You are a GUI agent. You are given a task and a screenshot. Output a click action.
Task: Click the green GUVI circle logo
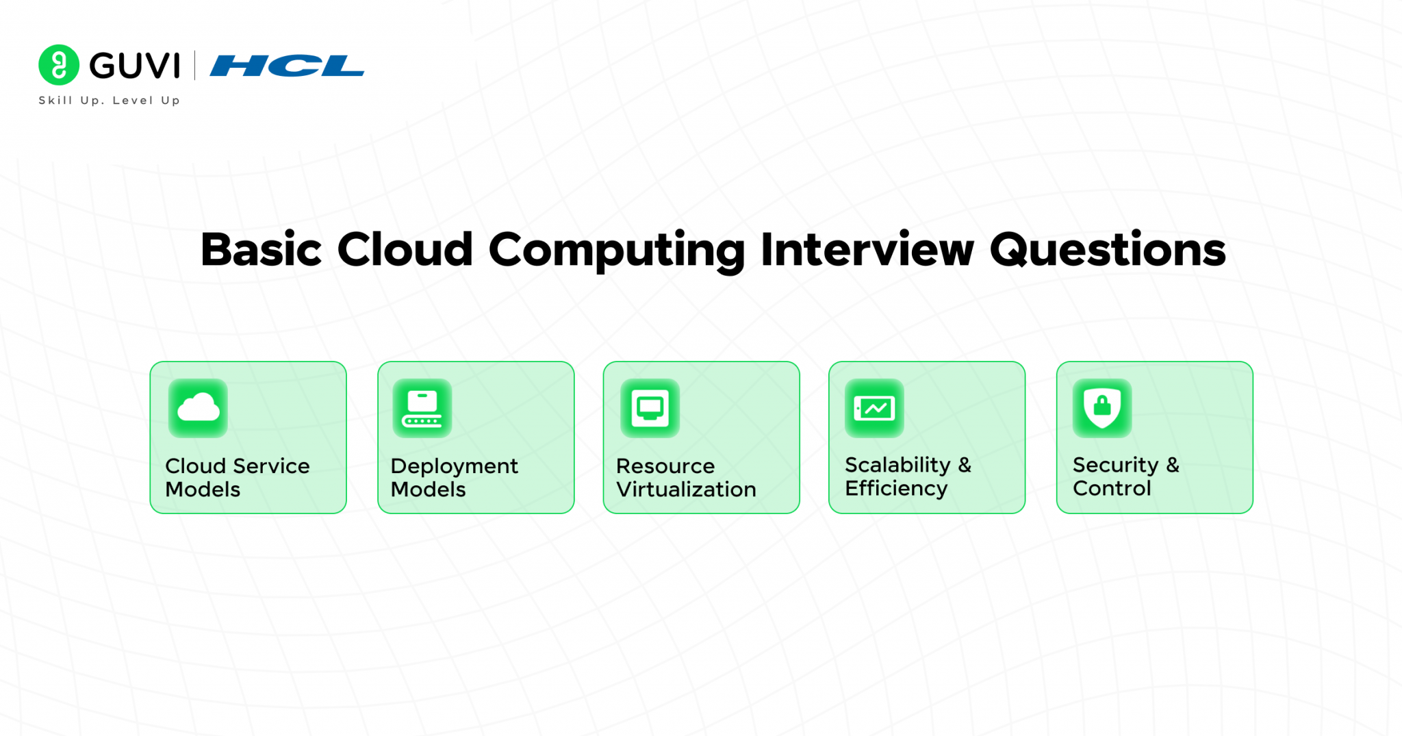click(59, 65)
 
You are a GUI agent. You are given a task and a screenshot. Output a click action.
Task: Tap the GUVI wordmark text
click(135, 66)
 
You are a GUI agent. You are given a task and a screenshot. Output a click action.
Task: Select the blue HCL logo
click(287, 66)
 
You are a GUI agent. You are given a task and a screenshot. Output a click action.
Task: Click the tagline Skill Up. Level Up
click(110, 100)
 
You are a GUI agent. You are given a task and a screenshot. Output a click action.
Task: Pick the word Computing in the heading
click(616, 251)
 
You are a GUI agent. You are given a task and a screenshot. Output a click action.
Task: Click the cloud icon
click(198, 408)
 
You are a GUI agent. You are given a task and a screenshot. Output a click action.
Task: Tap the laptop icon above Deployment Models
click(422, 408)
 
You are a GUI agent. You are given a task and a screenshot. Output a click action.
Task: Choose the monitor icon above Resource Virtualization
click(650, 408)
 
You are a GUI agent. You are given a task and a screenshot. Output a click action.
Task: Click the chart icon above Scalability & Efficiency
click(874, 409)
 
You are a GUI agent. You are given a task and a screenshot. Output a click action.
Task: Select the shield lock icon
click(1102, 408)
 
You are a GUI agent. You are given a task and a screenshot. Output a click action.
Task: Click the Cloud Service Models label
click(237, 477)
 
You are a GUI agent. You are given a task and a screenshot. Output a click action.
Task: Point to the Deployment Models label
click(454, 477)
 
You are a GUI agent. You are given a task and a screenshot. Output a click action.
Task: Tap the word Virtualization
click(686, 490)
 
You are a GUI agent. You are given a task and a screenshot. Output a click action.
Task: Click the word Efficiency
click(896, 488)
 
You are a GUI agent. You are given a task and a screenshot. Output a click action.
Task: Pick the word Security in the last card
click(1115, 465)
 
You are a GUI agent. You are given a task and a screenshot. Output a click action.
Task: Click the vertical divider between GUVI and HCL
click(195, 66)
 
